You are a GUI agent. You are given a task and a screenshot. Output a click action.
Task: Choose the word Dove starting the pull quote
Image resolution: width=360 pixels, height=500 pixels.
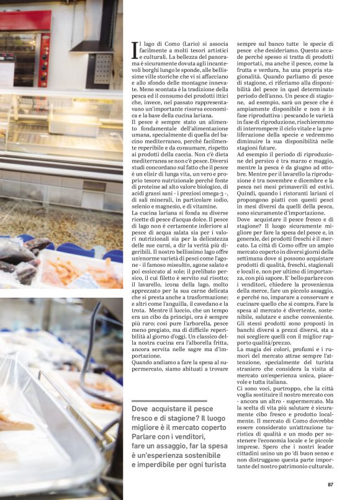click(x=141, y=410)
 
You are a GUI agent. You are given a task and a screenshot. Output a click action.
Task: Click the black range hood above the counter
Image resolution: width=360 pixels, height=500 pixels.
click(x=96, y=28)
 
